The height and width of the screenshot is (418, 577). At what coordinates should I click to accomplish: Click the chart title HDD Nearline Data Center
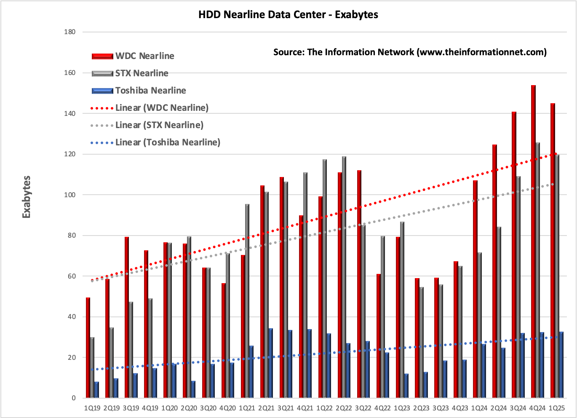pyautogui.click(x=262, y=15)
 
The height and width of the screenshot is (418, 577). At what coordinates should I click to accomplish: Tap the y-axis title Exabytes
pyautogui.click(x=26, y=197)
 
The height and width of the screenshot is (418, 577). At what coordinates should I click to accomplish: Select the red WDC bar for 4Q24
pyautogui.click(x=533, y=241)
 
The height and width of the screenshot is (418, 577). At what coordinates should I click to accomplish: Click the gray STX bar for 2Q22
pyautogui.click(x=344, y=277)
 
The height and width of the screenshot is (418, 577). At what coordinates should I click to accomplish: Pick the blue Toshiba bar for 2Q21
pyautogui.click(x=270, y=363)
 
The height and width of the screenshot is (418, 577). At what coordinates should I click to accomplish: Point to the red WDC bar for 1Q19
pyautogui.click(x=88, y=348)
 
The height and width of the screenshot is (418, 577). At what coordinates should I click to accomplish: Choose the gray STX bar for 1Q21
pyautogui.click(x=247, y=301)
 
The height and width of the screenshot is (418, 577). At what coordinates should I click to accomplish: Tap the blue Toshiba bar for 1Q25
pyautogui.click(x=561, y=364)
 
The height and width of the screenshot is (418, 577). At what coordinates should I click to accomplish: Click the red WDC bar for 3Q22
pyautogui.click(x=359, y=284)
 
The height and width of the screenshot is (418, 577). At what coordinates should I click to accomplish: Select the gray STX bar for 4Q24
pyautogui.click(x=537, y=270)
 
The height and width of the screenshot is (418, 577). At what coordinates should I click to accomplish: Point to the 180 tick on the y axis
pyautogui.click(x=69, y=32)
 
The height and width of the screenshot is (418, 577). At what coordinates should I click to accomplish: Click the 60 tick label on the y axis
pyautogui.click(x=72, y=276)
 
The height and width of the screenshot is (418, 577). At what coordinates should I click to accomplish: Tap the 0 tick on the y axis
pyautogui.click(x=74, y=398)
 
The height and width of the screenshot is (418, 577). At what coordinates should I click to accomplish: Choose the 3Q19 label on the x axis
pyautogui.click(x=131, y=408)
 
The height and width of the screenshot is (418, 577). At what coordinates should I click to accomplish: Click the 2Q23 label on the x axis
pyautogui.click(x=421, y=408)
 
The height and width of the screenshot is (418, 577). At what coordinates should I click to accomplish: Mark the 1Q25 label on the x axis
pyautogui.click(x=557, y=408)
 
